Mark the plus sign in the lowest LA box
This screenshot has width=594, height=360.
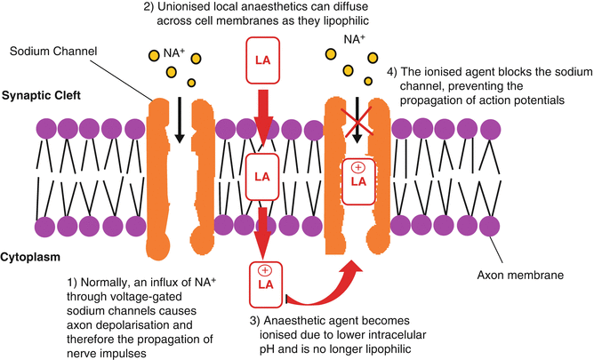pyautogui.click(x=264, y=269)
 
